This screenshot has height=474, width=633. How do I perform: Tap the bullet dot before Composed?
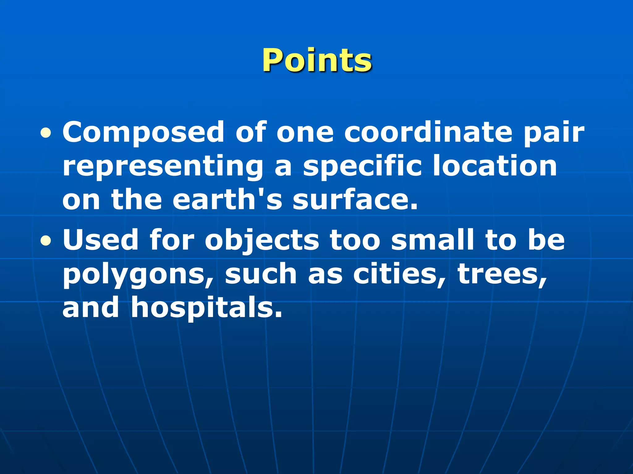[x=46, y=133]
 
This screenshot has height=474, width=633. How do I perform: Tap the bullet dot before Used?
[x=46, y=241]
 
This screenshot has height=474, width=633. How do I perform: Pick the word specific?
[x=362, y=167]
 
